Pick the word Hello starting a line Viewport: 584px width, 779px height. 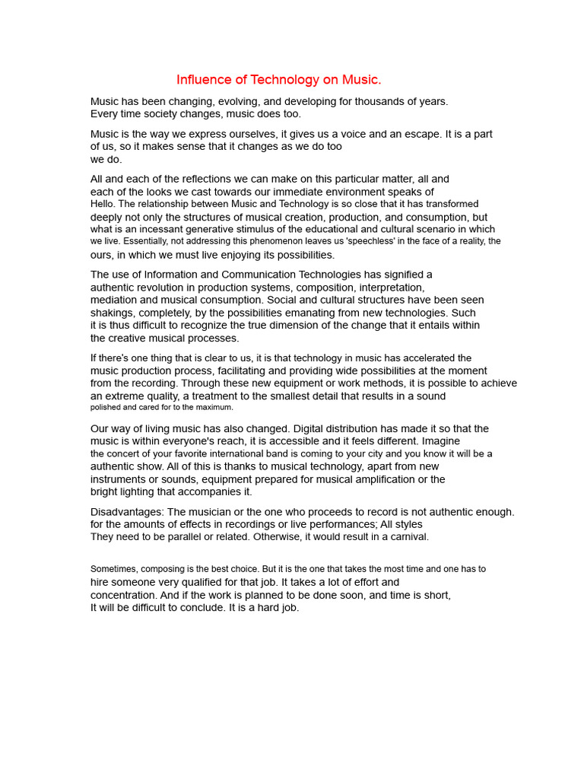(103, 204)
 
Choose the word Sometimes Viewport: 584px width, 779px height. (115, 569)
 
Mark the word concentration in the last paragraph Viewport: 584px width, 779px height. (123, 596)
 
